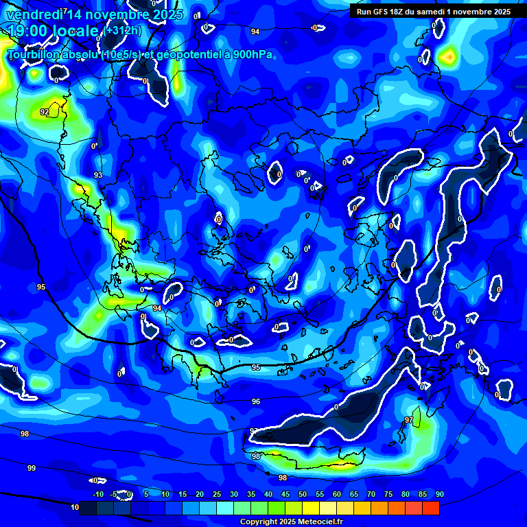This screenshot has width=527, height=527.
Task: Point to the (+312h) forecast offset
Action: [x=124, y=31]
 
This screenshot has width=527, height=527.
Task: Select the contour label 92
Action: [x=45, y=112]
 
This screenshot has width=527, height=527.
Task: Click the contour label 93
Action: [x=98, y=175]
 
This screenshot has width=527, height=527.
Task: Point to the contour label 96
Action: [x=256, y=401]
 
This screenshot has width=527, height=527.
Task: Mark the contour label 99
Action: [x=32, y=468]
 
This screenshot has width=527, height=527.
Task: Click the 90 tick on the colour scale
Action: [x=439, y=494]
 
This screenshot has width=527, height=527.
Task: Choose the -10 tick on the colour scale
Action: [x=98, y=494]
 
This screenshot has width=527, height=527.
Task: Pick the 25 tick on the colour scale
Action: [x=217, y=494]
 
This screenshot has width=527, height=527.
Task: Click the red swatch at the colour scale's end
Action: [x=431, y=508]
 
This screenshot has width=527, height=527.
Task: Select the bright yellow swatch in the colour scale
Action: [x=311, y=508]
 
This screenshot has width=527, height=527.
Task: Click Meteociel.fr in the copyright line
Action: [x=320, y=522]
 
